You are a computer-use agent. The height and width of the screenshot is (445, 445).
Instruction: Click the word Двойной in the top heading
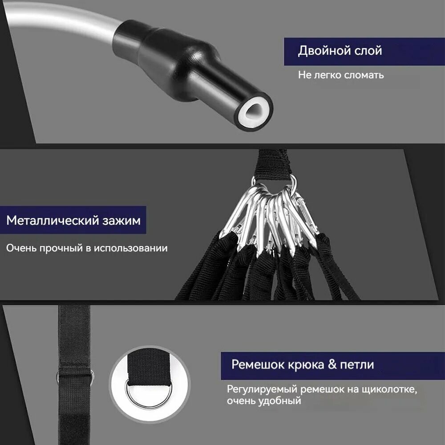coord(320,51)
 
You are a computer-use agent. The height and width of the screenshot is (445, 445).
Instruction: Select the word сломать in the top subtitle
coord(364,75)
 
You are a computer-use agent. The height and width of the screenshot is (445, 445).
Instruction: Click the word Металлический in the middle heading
coord(53,221)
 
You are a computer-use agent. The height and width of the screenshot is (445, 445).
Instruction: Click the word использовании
coord(130,248)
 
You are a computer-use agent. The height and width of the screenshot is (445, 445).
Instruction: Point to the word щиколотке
coord(389,390)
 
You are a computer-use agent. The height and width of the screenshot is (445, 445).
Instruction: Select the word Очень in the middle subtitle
coord(21,248)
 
